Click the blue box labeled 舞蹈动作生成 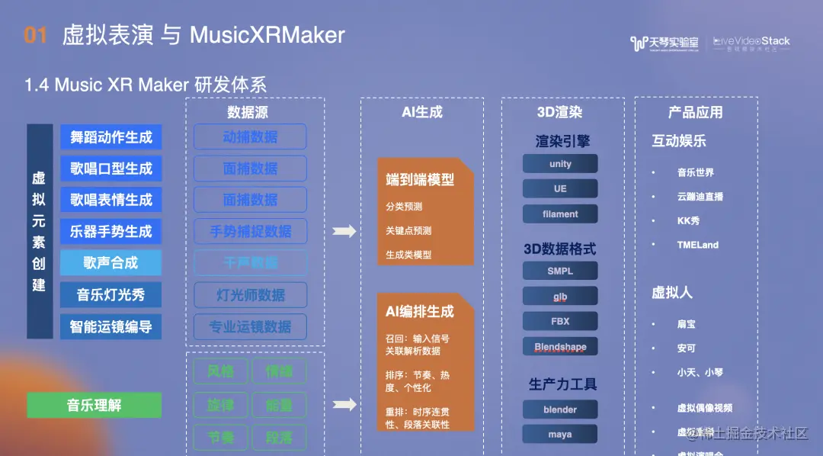[111, 137]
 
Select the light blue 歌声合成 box [111, 263]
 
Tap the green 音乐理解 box [94, 405]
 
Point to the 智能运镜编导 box [111, 327]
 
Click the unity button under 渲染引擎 [560, 164]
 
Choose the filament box [560, 214]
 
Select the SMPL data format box [560, 271]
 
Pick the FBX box [560, 321]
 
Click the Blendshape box [560, 347]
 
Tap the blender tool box [560, 409]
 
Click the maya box [560, 435]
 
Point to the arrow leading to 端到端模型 [344, 231]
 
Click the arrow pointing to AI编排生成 [344, 404]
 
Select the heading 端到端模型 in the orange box [420, 180]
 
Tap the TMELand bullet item [697, 245]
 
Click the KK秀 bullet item [688, 220]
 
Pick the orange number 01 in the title [36, 35]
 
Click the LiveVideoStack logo [751, 43]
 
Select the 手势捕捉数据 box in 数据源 [251, 231]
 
